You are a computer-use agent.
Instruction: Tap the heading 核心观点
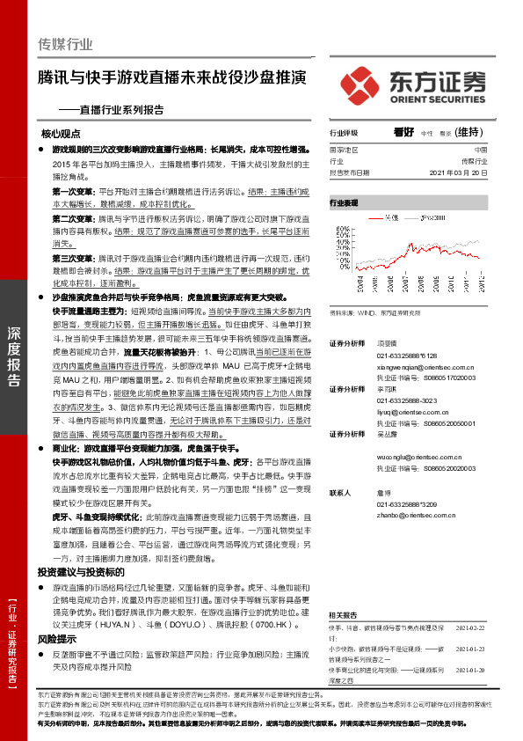61,135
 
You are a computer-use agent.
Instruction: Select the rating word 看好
403,132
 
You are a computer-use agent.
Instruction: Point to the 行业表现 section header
345,202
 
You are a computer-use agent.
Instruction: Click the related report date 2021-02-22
470,627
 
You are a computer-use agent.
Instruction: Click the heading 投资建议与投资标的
76,597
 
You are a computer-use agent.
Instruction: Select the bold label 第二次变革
74,216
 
